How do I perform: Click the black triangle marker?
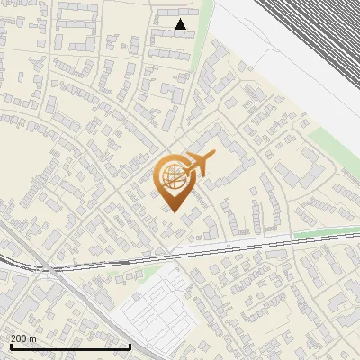181,25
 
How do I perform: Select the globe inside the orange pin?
173,175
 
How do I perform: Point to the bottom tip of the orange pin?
173,212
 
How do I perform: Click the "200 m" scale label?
24,338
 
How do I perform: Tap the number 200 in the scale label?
20,338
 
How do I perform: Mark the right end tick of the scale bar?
130,345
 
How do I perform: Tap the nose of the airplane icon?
214,157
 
